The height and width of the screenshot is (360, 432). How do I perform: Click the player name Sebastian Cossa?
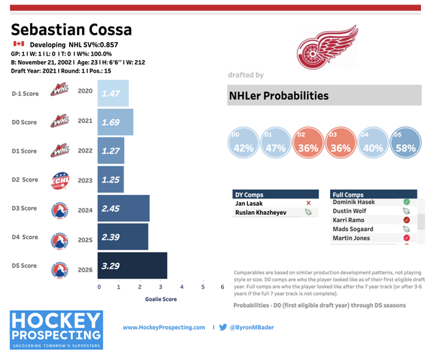[x=71, y=29]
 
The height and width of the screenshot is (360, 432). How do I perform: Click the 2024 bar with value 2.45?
[x=124, y=208]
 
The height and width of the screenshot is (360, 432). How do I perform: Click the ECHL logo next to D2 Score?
[x=61, y=179]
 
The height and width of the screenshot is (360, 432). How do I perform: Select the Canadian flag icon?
[x=18, y=44]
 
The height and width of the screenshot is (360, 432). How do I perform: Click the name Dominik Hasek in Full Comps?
[x=354, y=203]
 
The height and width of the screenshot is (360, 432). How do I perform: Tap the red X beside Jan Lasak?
[x=308, y=204]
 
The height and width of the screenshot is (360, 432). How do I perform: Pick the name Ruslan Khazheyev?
[x=261, y=212]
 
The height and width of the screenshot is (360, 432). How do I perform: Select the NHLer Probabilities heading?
[x=279, y=95]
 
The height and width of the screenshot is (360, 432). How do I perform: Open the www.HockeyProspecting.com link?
[x=164, y=328]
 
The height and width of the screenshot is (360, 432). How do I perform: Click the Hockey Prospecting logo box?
[x=56, y=330]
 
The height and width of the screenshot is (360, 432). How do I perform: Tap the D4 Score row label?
[x=25, y=237]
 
